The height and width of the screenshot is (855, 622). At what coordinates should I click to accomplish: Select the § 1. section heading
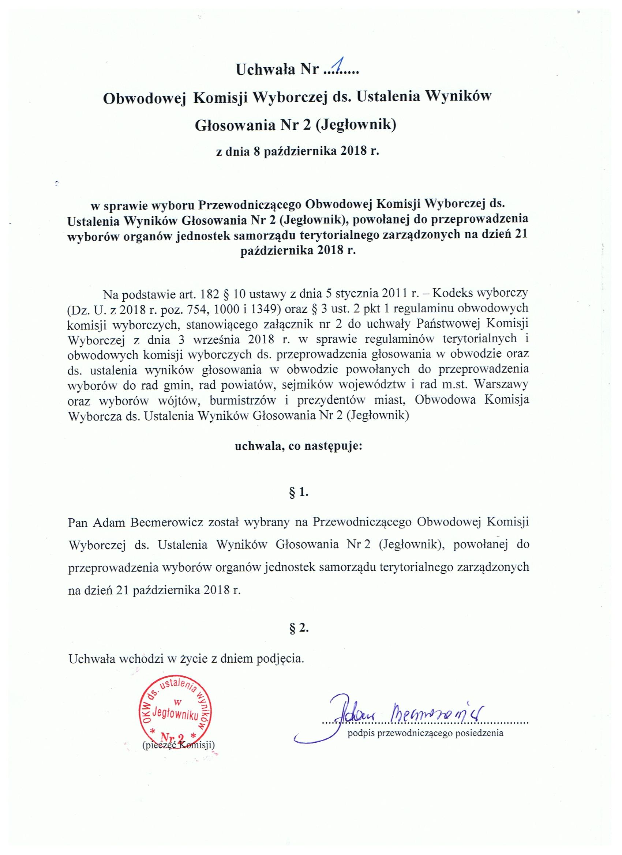tap(298, 493)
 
